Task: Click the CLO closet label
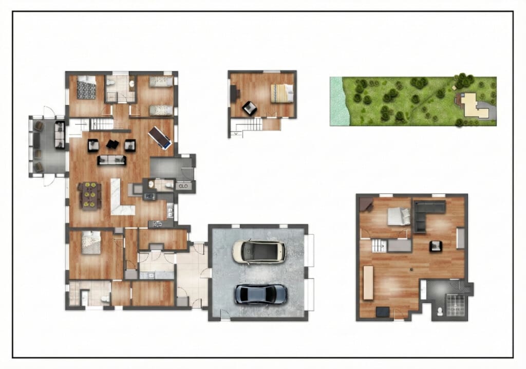183,186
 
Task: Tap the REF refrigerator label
150,196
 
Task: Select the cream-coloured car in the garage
259,251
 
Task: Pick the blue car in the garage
260,294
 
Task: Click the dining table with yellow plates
89,195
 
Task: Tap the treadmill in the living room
160,138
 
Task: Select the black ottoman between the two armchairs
112,144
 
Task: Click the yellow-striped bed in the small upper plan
282,93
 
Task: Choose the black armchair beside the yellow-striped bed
249,108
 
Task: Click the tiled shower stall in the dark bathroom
456,305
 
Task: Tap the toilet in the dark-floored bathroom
440,311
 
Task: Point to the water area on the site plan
339,101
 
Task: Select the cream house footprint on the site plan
474,105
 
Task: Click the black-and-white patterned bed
86,87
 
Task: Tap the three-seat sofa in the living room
111,160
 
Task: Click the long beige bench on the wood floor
368,283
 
